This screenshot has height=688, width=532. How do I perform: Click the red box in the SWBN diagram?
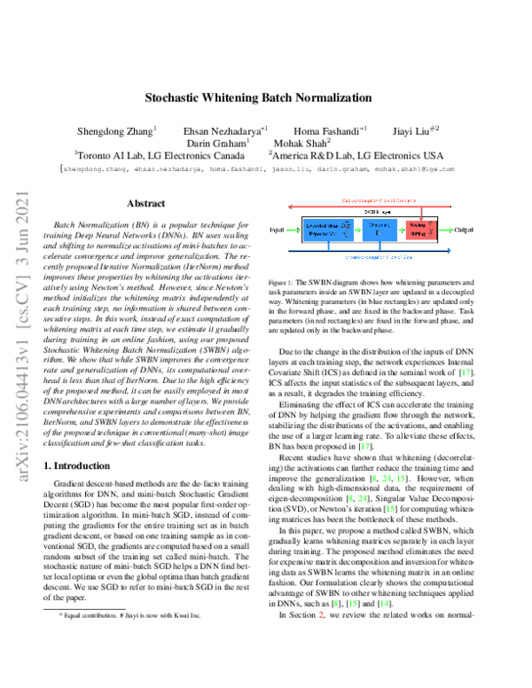430,229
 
